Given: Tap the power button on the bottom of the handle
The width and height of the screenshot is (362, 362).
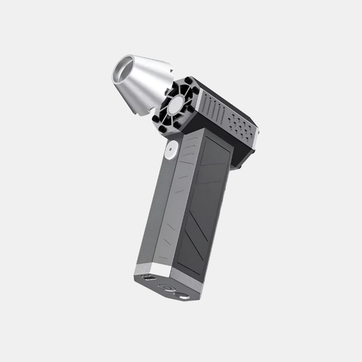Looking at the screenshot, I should [164, 287].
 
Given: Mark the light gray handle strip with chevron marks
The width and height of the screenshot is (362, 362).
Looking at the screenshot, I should [182, 197].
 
